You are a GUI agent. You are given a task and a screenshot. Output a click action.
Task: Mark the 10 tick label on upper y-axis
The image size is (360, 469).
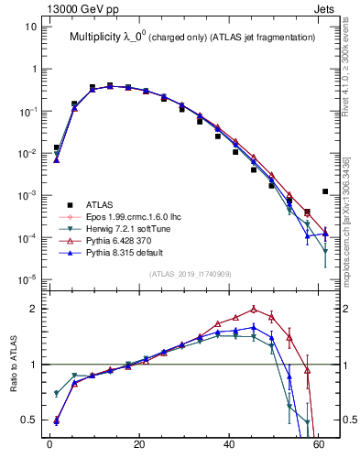pos(30,27)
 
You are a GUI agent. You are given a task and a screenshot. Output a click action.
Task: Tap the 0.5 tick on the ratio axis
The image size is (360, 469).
pos(28,420)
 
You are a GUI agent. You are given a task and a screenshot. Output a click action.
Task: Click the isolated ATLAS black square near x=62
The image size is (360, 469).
pos(325,191)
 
